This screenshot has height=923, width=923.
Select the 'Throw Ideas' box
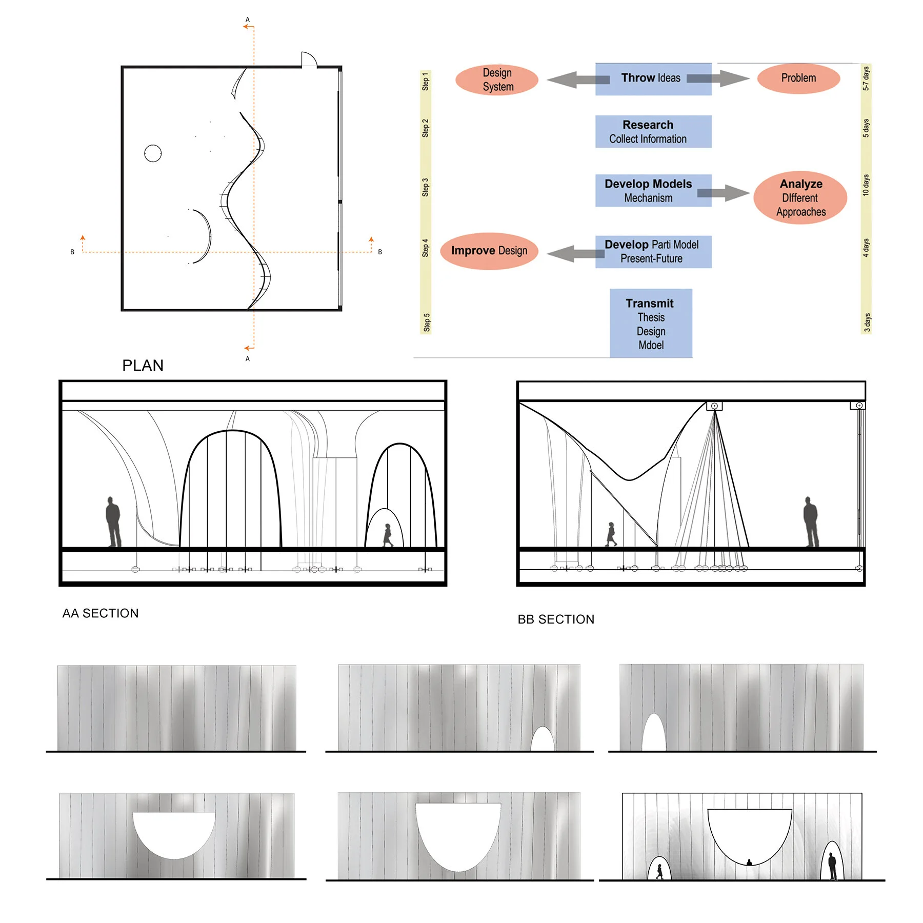[653, 79]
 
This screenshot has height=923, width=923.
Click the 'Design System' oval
[497, 80]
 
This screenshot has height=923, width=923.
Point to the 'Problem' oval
[798, 78]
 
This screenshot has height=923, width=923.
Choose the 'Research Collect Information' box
[653, 132]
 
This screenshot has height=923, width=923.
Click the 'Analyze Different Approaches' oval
[800, 197]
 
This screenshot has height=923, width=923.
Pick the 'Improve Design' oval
[489, 251]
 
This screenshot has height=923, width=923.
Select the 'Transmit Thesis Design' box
[651, 323]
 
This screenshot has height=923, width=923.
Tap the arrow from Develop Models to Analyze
[724, 193]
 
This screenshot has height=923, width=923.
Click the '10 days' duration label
[866, 185]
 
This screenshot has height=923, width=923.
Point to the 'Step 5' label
[426, 323]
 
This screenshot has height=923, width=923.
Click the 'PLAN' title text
[143, 365]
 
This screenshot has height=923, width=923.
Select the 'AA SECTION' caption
[101, 613]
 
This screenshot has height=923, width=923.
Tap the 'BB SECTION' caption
[556, 619]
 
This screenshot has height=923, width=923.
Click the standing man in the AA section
[113, 521]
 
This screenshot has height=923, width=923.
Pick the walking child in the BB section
[611, 534]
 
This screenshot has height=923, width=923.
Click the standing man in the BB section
[811, 521]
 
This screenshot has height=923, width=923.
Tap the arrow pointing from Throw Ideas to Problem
[718, 78]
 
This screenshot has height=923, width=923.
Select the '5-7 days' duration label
[866, 78]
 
